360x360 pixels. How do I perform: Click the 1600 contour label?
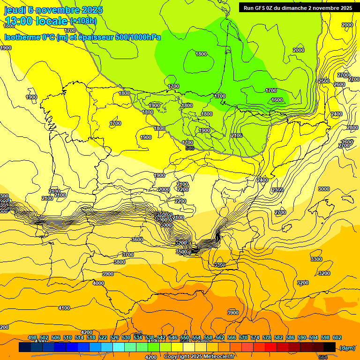pyautogui.click(x=277, y=100)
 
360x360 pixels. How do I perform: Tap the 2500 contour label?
pyautogui.click(x=324, y=81)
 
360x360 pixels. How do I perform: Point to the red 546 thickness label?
pyautogui.click(x=190, y=148)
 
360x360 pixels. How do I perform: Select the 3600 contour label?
pyautogui.click(x=137, y=240)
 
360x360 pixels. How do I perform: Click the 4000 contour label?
pyautogui.click(x=98, y=283)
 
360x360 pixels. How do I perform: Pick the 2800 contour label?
pyautogui.click(x=352, y=127)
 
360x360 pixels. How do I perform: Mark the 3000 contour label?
pyautogui.click(x=324, y=189)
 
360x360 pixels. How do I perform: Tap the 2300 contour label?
pyautogui.click(x=277, y=190)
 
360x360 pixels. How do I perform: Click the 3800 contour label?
pyautogui.click(x=120, y=262)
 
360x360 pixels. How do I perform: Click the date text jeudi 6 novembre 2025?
pyautogui.click(x=53, y=10)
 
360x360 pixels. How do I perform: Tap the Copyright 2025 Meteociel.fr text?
pyautogui.click(x=199, y=357)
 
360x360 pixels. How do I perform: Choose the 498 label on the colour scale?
pyautogui.click(x=32, y=337)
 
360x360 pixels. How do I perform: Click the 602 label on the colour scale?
pyautogui.click(x=337, y=337)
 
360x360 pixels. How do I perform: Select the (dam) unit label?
pyautogui.click(x=347, y=348)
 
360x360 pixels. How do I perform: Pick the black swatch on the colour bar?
pyautogui.click(x=330, y=347)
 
